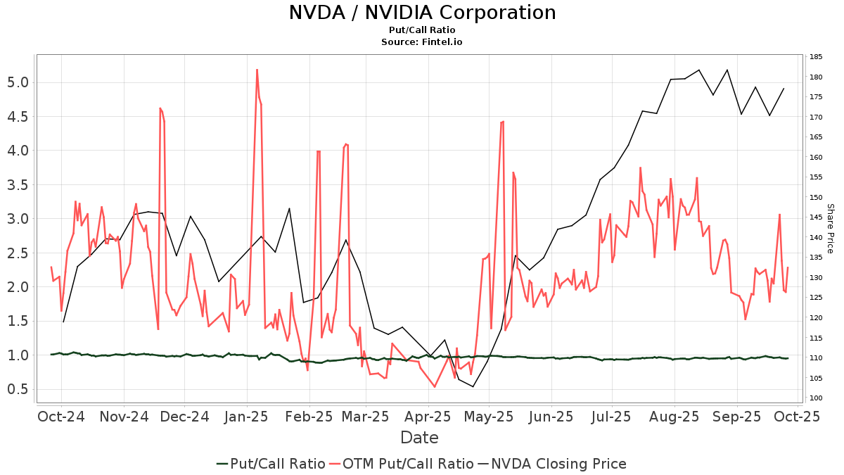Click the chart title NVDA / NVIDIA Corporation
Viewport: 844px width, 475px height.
[422, 13]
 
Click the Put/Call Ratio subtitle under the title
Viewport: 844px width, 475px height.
[422, 30]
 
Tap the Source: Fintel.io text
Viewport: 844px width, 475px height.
[422, 42]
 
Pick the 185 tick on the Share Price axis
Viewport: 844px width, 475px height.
[817, 57]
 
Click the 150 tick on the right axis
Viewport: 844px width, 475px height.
[817, 198]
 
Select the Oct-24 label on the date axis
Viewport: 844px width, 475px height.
[61, 417]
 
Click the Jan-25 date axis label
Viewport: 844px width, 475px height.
[247, 417]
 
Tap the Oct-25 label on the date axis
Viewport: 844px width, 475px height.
[798, 417]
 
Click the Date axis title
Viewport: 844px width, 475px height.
[419, 438]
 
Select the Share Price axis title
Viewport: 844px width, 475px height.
[830, 228]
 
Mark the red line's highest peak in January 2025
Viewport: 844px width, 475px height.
[257, 70]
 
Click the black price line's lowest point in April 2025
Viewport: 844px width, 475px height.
[473, 386]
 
